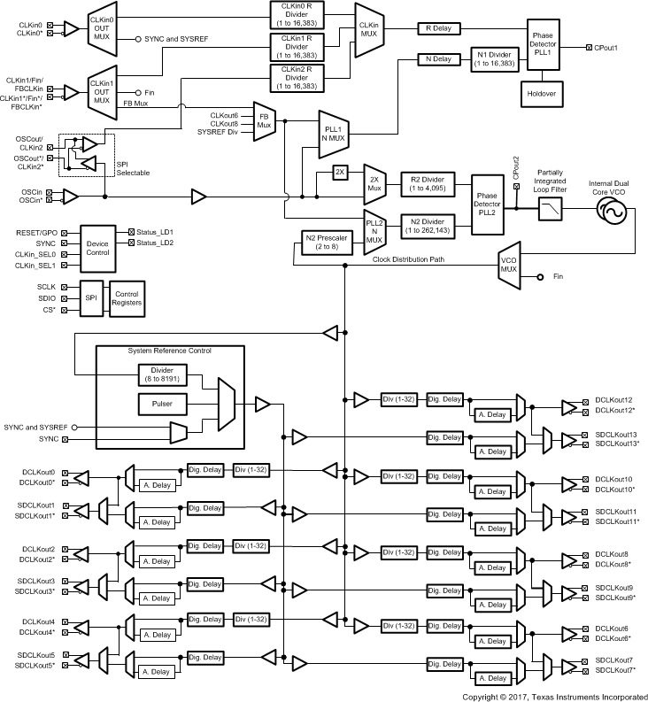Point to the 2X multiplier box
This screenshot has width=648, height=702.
pos(340,172)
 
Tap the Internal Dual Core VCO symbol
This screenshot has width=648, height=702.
pos(611,212)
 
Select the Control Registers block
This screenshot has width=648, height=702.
pos(126,298)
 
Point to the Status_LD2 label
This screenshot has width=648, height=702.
pos(156,243)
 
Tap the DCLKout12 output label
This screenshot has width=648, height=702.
pos(613,400)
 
